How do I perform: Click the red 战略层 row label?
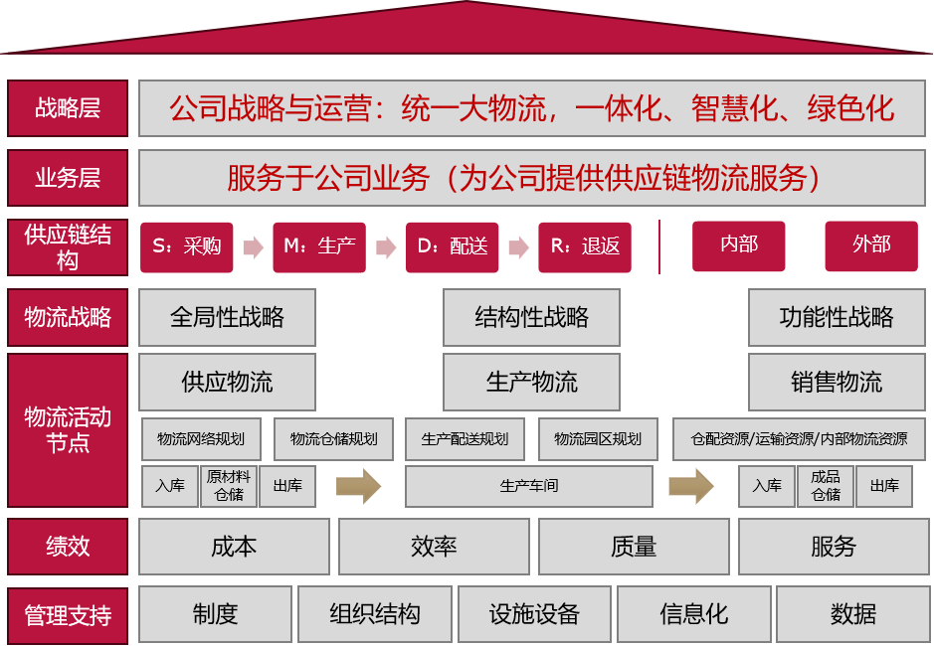point(68,108)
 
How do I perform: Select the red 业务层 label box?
point(68,178)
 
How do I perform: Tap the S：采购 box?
point(187,246)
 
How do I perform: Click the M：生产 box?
point(319,246)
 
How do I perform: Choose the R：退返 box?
point(585,246)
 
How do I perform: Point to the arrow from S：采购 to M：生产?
point(253,247)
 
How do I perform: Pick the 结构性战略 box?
point(531,318)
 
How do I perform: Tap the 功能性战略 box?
point(836,318)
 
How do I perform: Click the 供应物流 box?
point(227,383)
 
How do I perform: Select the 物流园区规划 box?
point(598,439)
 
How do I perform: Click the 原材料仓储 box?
point(229,486)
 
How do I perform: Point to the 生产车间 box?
point(529,486)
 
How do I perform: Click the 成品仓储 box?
point(826,486)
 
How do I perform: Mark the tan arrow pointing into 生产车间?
point(358,486)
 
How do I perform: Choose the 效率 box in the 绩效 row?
point(433,547)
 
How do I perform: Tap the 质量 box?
point(633,547)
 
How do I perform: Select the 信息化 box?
point(693,614)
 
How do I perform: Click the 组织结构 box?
point(375,614)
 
